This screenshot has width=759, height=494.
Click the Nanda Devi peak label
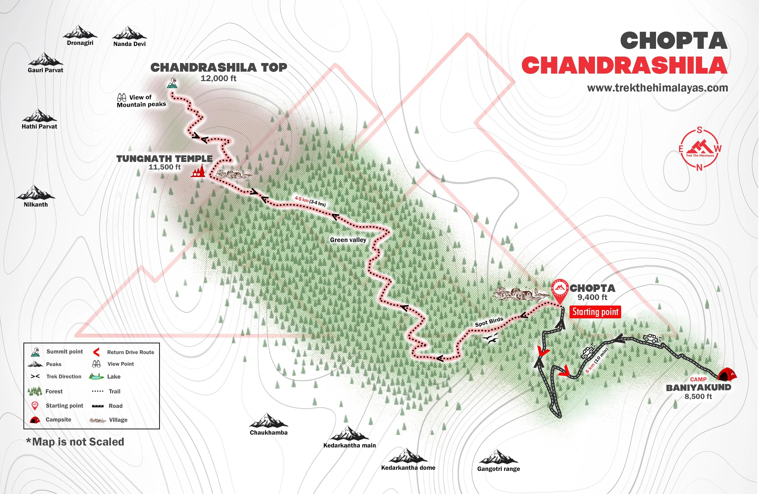129,44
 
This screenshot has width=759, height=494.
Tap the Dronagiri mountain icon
80,32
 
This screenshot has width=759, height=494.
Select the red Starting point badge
595,312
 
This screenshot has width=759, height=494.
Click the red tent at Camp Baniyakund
726,374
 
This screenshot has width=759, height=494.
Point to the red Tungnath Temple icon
198,171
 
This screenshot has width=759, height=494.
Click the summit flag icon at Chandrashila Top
172,83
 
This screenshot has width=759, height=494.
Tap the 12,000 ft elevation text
218,78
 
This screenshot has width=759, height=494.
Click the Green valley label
348,240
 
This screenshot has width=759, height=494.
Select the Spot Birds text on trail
489,322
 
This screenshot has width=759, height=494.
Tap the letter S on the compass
699,130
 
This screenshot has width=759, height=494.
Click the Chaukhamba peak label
268,432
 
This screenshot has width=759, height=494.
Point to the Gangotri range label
498,469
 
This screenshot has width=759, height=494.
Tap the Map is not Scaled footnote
75,442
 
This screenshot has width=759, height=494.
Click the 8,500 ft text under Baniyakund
698,396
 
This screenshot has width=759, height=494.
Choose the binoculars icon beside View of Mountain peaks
121,97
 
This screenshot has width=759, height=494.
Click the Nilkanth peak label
36,205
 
